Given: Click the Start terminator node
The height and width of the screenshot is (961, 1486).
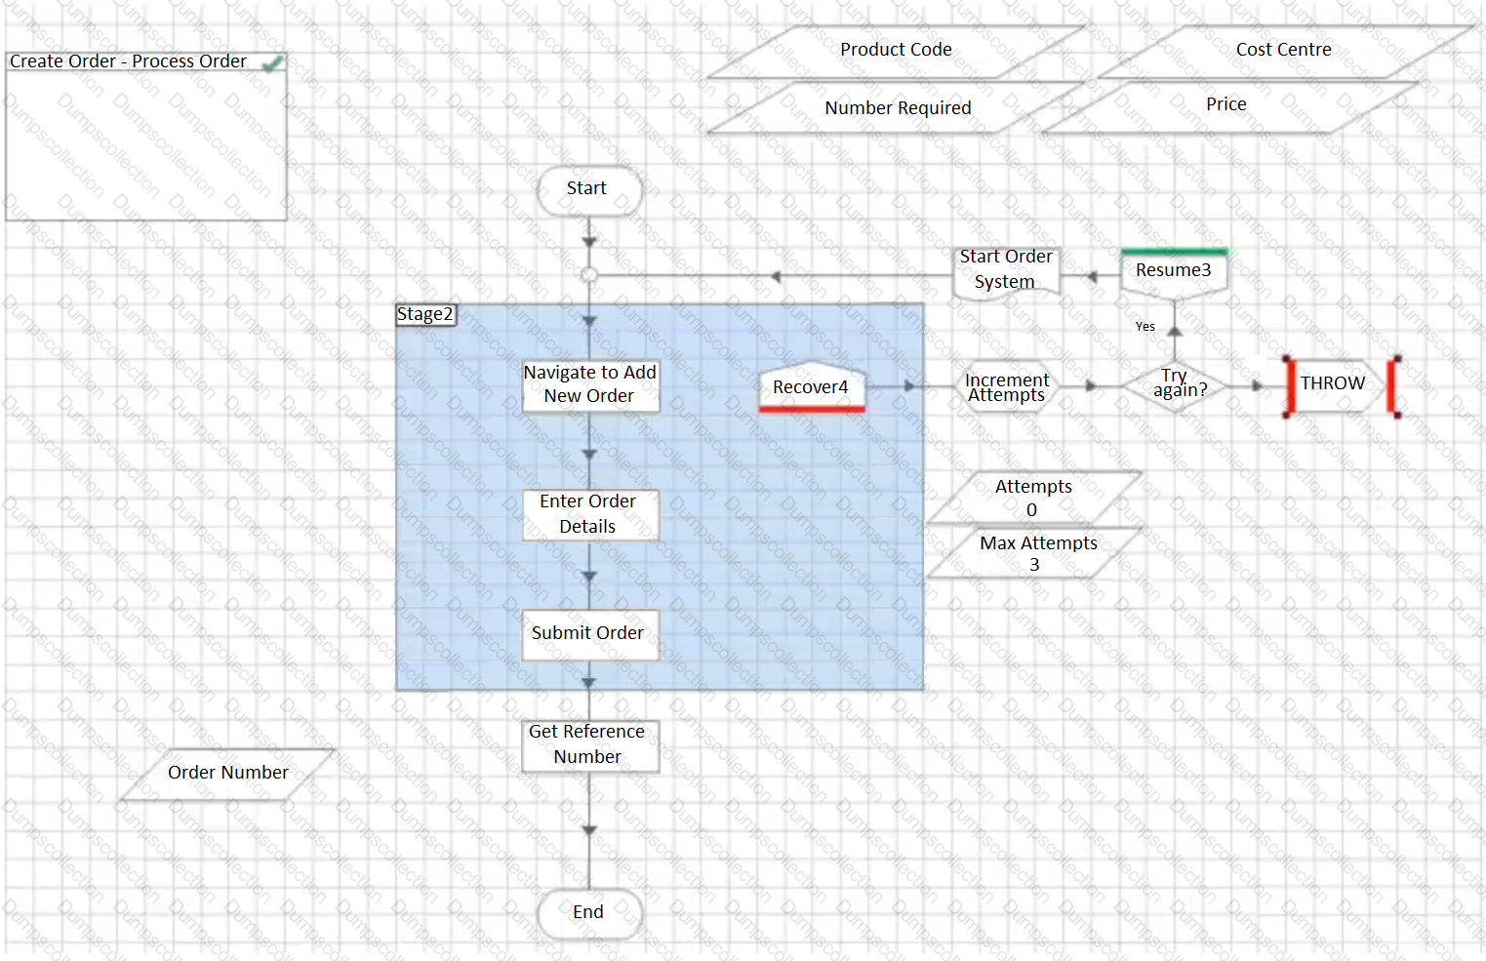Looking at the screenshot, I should click(588, 189).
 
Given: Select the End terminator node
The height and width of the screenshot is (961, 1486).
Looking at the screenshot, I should click(588, 913).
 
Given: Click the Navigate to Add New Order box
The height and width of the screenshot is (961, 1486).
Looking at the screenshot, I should click(590, 385).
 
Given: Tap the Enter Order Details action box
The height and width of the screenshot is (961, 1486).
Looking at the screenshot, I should click(589, 514).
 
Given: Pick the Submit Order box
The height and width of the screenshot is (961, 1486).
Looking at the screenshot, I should click(589, 634).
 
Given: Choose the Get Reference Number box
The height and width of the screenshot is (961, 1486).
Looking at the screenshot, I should click(589, 745).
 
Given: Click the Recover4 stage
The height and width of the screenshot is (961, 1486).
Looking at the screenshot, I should click(811, 388).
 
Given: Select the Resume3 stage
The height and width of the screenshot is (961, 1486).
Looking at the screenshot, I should click(1174, 272).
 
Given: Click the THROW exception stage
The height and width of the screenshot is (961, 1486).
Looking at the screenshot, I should click(1333, 385).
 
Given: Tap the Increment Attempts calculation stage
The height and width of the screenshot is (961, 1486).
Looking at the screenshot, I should click(1006, 387).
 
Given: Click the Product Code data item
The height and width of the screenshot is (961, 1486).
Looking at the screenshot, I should click(896, 51).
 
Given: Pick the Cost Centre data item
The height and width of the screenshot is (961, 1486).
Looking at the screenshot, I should click(1283, 51).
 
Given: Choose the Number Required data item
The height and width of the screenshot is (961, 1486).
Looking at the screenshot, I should click(898, 108).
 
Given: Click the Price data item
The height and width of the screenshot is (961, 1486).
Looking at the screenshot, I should click(1226, 105).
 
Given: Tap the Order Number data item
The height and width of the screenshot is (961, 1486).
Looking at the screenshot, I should click(227, 774).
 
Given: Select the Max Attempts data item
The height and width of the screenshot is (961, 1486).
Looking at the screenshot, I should click(1037, 553).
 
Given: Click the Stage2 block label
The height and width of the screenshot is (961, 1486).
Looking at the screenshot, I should click(425, 315).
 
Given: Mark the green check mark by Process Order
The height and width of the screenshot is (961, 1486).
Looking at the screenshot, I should click(272, 64).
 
